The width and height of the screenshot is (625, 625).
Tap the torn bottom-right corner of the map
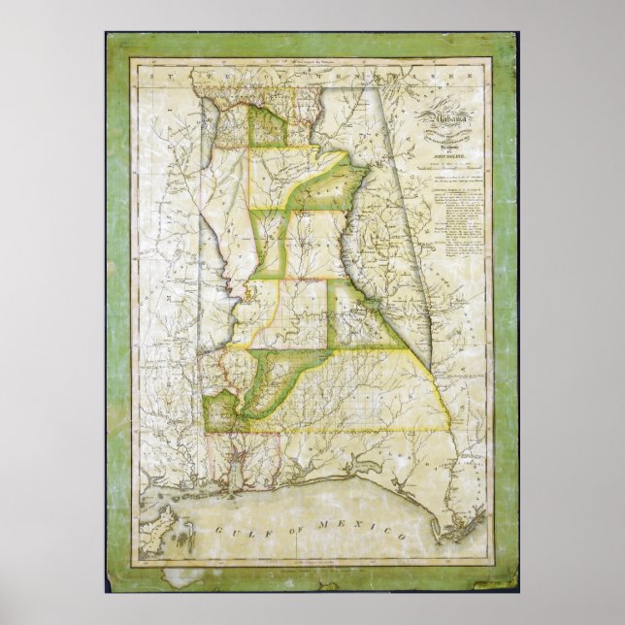[x=509, y=582]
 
